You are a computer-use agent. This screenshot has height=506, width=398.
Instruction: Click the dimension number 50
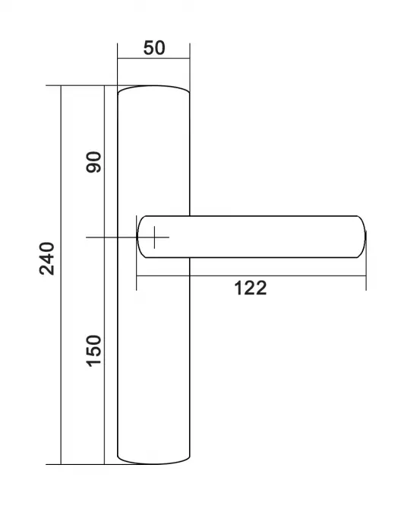click(x=154, y=48)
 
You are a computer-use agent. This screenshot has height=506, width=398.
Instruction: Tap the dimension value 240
click(x=47, y=258)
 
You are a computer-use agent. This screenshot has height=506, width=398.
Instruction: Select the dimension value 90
click(x=93, y=161)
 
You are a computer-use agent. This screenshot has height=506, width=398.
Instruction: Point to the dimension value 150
click(x=93, y=351)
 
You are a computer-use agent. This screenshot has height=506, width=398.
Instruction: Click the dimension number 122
click(x=251, y=288)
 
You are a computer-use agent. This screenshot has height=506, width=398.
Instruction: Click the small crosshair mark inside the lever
click(x=154, y=237)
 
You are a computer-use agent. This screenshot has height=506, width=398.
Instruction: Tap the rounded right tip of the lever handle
click(x=362, y=237)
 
